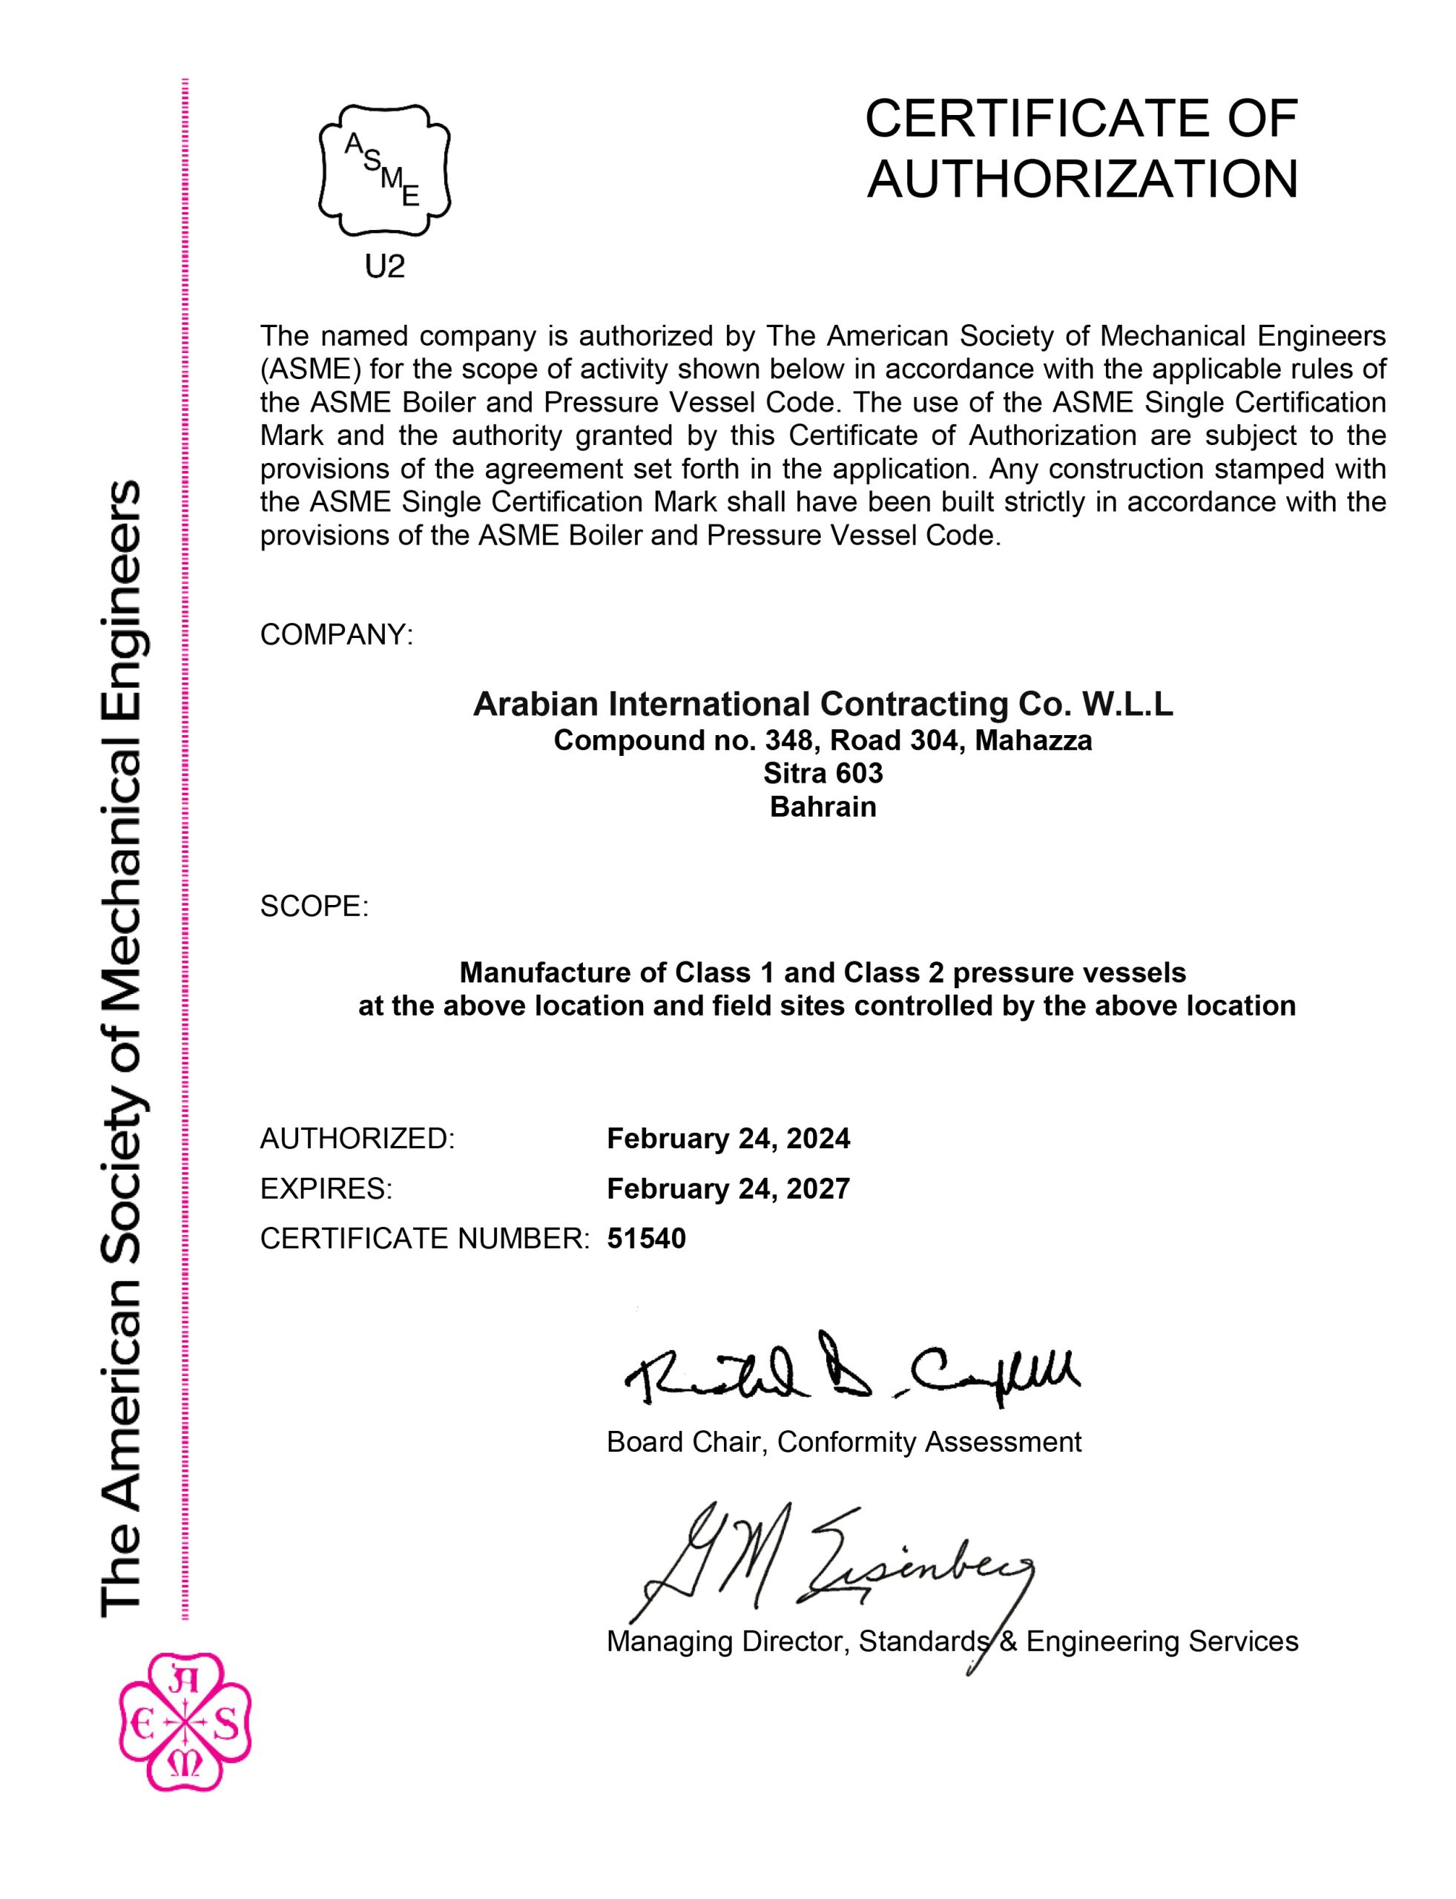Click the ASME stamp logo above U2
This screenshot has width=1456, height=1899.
click(385, 171)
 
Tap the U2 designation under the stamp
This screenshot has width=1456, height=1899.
click(385, 268)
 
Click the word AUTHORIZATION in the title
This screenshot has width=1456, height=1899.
click(1082, 180)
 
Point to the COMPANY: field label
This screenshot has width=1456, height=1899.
click(336, 634)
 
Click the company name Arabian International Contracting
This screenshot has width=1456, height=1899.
click(822, 704)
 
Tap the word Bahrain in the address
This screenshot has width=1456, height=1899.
click(823, 807)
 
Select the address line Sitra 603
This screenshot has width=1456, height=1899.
click(823, 772)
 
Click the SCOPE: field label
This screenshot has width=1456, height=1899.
click(314, 906)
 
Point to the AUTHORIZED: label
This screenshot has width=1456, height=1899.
click(357, 1138)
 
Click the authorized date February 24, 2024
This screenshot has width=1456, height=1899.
click(728, 1138)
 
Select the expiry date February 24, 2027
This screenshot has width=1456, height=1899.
click(728, 1188)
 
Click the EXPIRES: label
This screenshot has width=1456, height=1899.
click(326, 1188)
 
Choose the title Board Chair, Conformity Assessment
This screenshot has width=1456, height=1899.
click(843, 1441)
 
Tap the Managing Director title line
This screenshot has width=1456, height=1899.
click(952, 1641)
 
